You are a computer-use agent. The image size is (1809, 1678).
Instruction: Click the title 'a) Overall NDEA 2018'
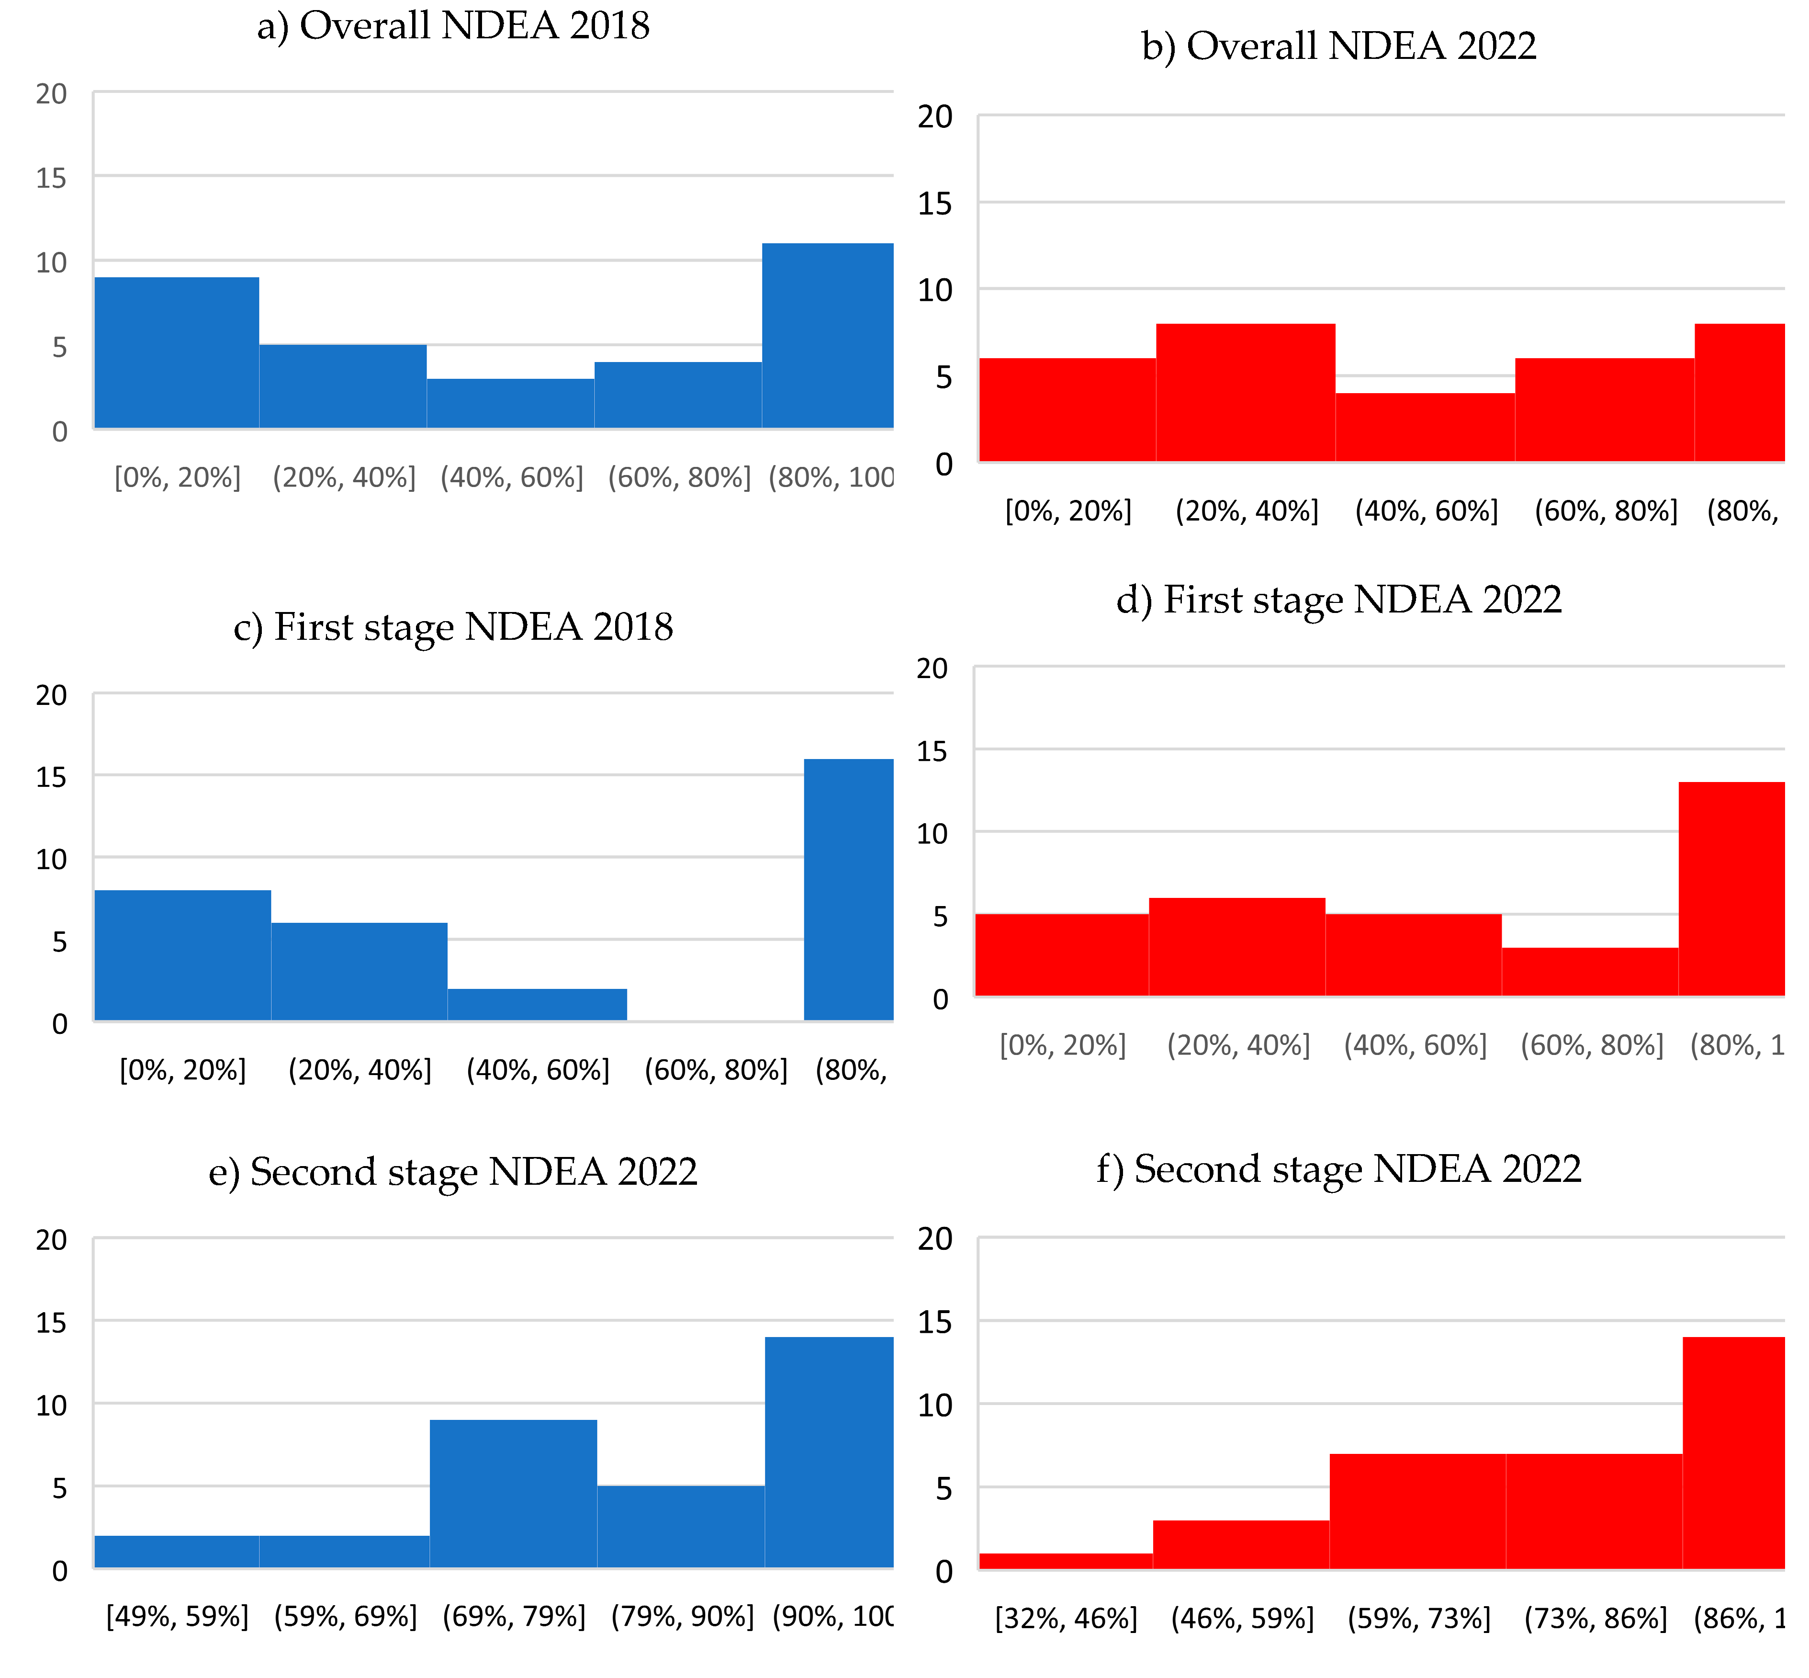click(453, 25)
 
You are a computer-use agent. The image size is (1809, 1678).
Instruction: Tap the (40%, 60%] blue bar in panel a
click(510, 403)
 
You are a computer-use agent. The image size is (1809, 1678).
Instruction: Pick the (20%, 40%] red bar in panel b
click(1245, 392)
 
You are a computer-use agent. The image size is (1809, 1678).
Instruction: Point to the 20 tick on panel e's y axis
click(52, 1239)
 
